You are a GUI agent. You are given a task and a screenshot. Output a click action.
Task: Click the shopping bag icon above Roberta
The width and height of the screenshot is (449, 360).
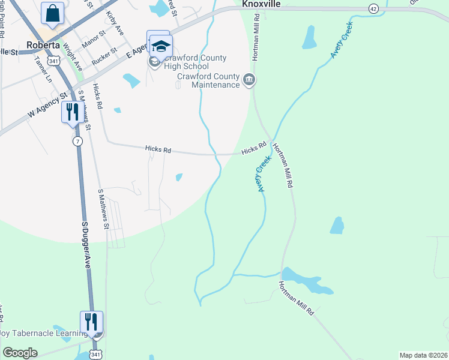[x=53, y=13]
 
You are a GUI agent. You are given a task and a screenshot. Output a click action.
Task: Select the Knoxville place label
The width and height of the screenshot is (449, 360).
[x=262, y=4]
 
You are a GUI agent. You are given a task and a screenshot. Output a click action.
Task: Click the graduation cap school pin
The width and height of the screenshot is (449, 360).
[x=161, y=46]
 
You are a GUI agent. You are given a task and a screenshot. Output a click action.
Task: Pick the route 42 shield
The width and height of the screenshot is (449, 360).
[x=373, y=8]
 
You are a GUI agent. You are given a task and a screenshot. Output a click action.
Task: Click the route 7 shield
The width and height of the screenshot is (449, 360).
[x=77, y=141]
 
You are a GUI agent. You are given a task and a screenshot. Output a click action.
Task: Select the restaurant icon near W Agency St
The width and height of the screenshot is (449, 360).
[x=71, y=112]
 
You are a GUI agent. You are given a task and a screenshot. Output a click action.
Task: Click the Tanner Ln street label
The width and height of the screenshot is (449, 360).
[x=44, y=69]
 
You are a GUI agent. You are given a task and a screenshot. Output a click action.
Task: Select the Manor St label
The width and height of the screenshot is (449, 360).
[x=93, y=44]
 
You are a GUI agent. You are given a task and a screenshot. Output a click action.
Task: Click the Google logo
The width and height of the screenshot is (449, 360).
[x=20, y=353]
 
